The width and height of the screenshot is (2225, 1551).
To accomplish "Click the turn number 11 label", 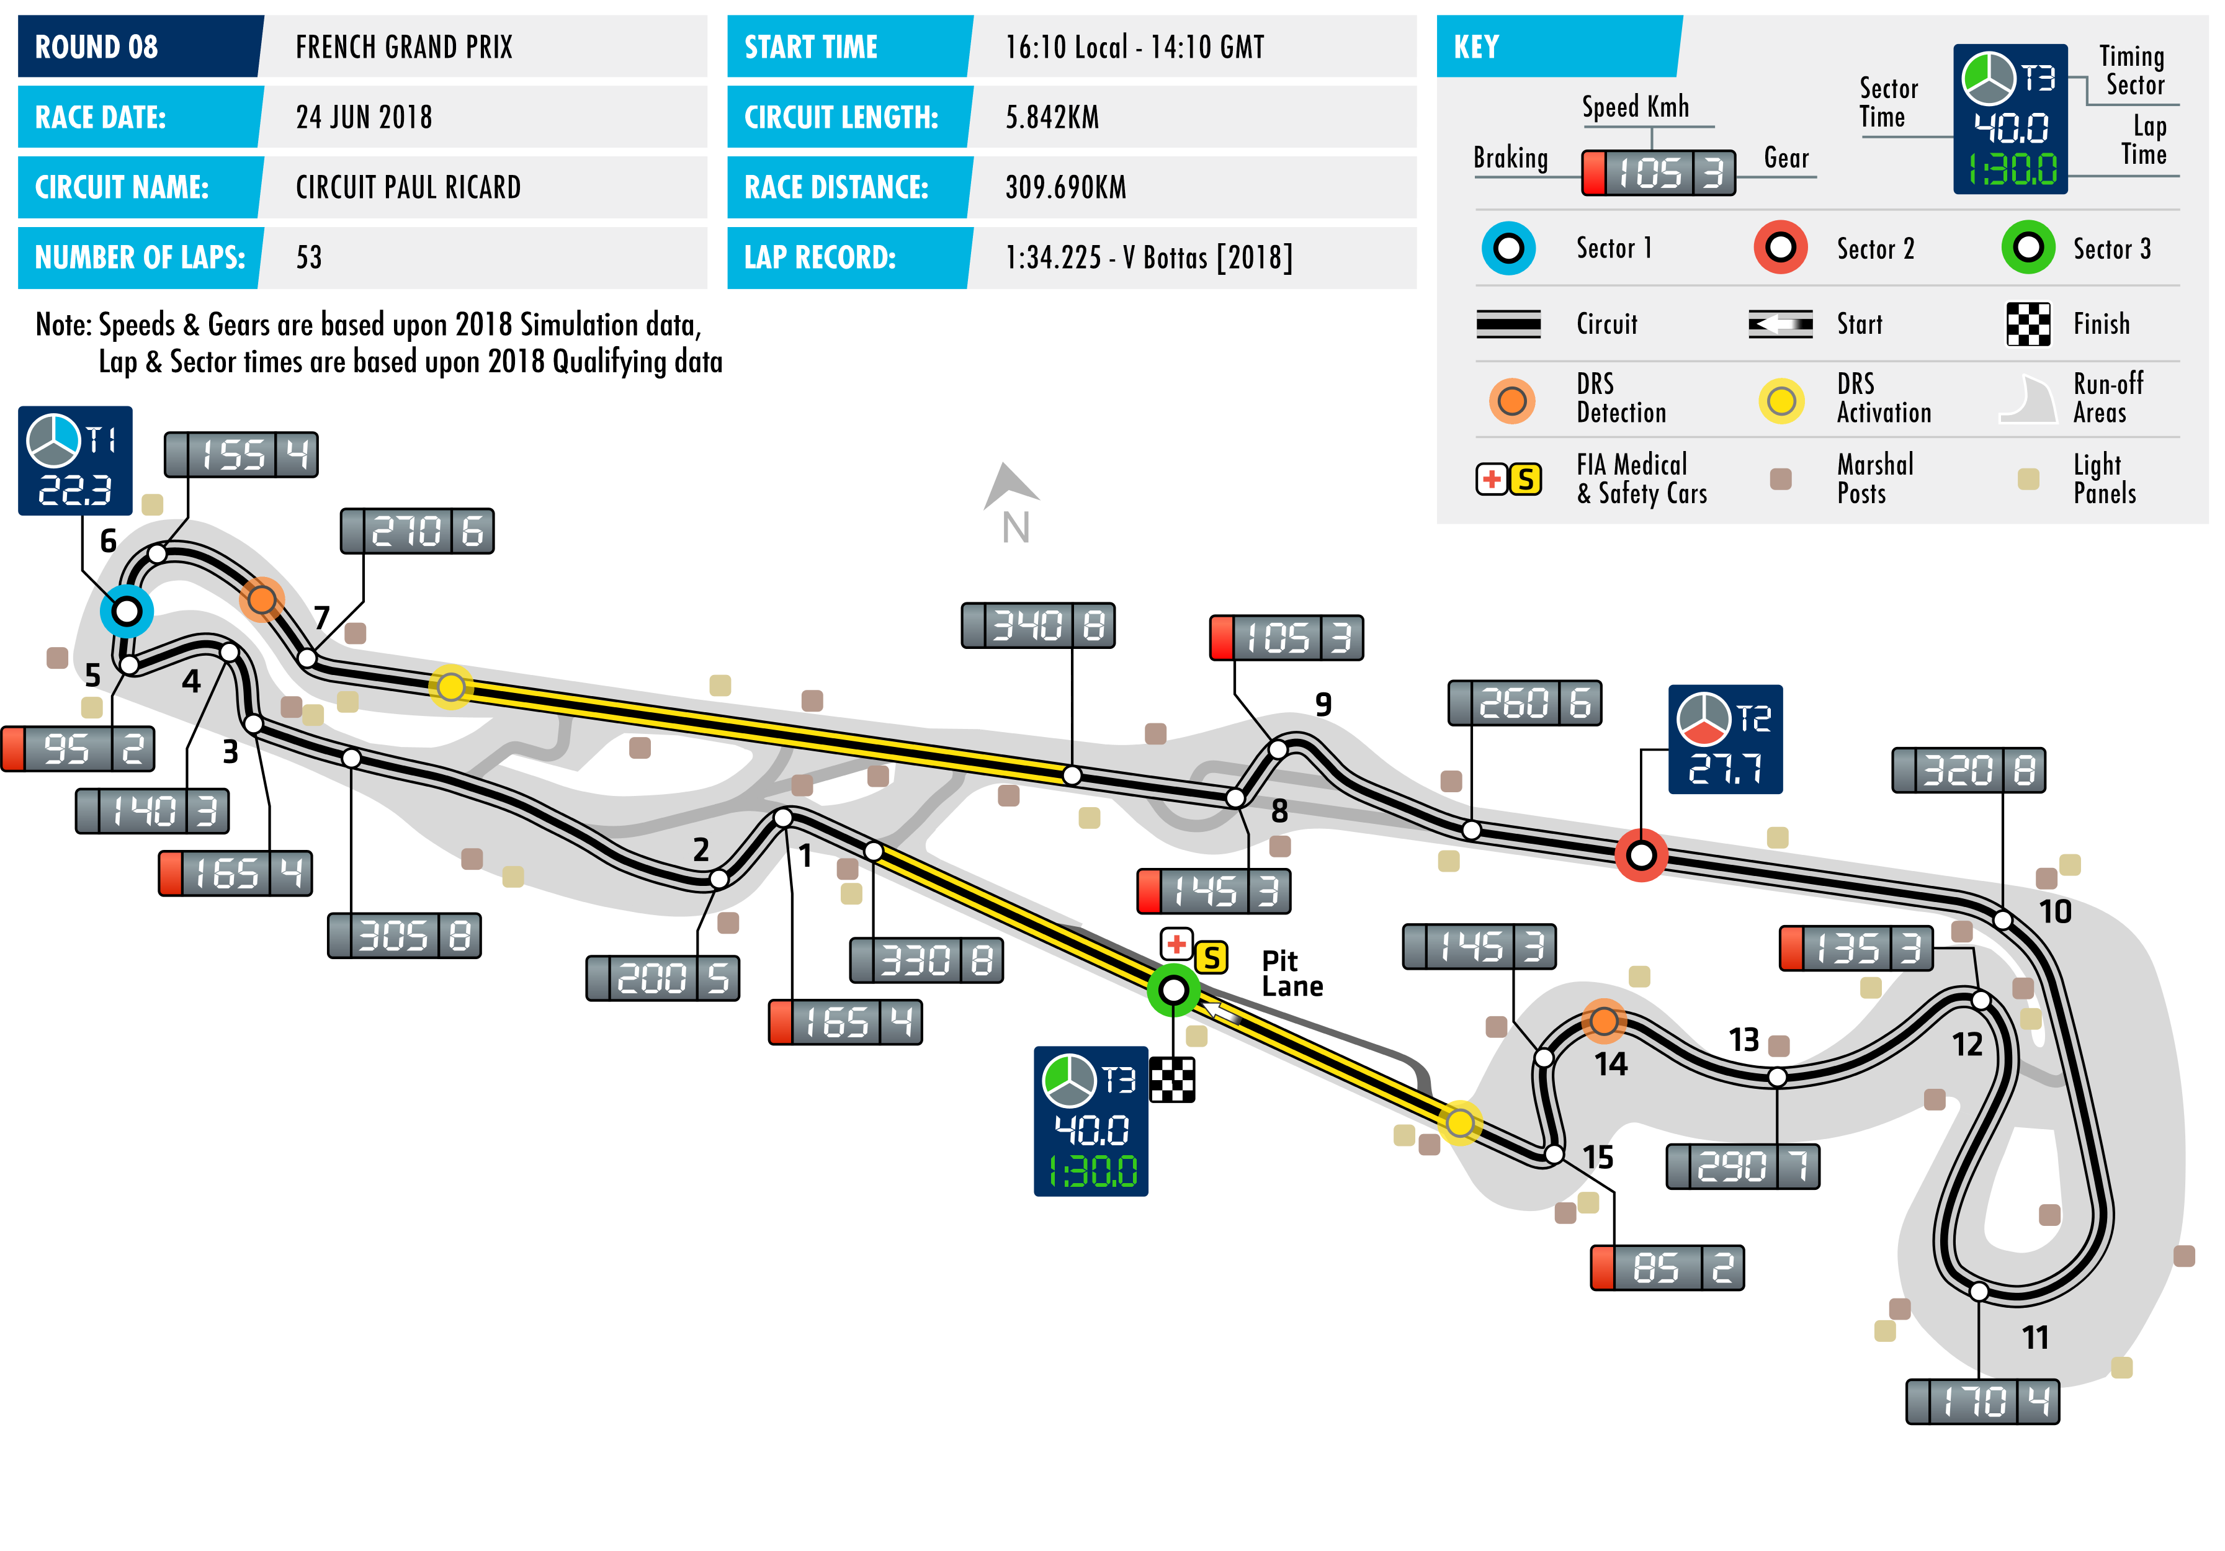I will click(2035, 1338).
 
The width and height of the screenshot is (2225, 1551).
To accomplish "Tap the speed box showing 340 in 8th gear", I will click(1038, 626).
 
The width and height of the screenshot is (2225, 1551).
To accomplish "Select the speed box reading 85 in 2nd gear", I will click(1667, 1268).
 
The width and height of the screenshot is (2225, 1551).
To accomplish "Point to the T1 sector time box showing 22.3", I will click(74, 461).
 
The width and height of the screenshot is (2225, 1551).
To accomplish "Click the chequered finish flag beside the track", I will click(1173, 1079).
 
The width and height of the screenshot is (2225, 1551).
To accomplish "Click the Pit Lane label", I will click(1292, 973).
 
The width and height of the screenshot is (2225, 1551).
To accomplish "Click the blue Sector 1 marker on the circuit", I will click(126, 611).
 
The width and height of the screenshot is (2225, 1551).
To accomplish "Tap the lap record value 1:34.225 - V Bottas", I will click(1148, 257).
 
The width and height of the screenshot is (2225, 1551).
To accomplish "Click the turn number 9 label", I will click(1323, 704).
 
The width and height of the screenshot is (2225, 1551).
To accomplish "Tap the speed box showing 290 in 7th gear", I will click(1742, 1166).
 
